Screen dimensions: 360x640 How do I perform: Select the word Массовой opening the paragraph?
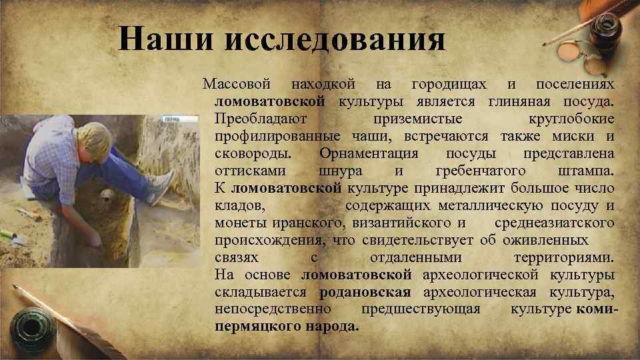pyautogui.click(x=237, y=85)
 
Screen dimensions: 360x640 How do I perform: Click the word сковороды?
pyautogui.click(x=253, y=154)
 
